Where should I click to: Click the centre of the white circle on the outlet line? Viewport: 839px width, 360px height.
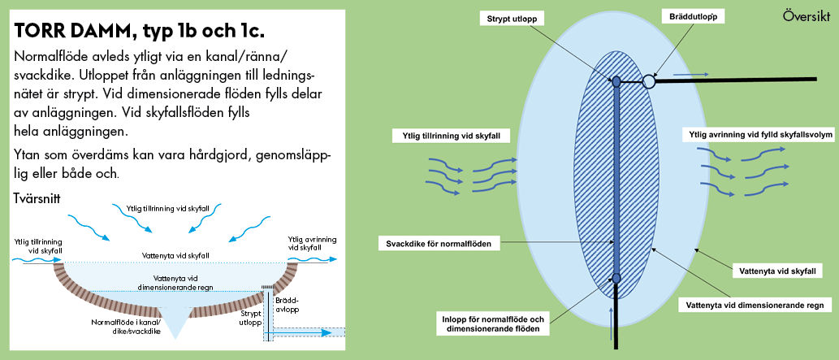(648, 81)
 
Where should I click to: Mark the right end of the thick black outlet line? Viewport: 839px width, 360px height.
(817, 80)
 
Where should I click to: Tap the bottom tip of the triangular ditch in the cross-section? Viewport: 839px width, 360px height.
(176, 339)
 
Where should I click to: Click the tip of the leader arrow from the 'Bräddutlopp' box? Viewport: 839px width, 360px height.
(653, 76)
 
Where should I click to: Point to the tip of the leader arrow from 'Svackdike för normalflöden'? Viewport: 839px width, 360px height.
(614, 243)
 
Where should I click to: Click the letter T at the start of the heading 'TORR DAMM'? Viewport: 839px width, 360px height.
(21, 31)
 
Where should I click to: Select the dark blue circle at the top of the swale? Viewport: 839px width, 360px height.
(616, 81)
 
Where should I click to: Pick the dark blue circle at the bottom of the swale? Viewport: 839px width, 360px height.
(616, 277)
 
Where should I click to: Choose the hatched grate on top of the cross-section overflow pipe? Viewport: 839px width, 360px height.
(267, 288)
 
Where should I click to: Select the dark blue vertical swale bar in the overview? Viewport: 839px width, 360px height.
(616, 180)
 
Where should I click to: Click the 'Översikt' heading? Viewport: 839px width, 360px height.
(806, 15)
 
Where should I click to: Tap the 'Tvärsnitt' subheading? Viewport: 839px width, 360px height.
(37, 198)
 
